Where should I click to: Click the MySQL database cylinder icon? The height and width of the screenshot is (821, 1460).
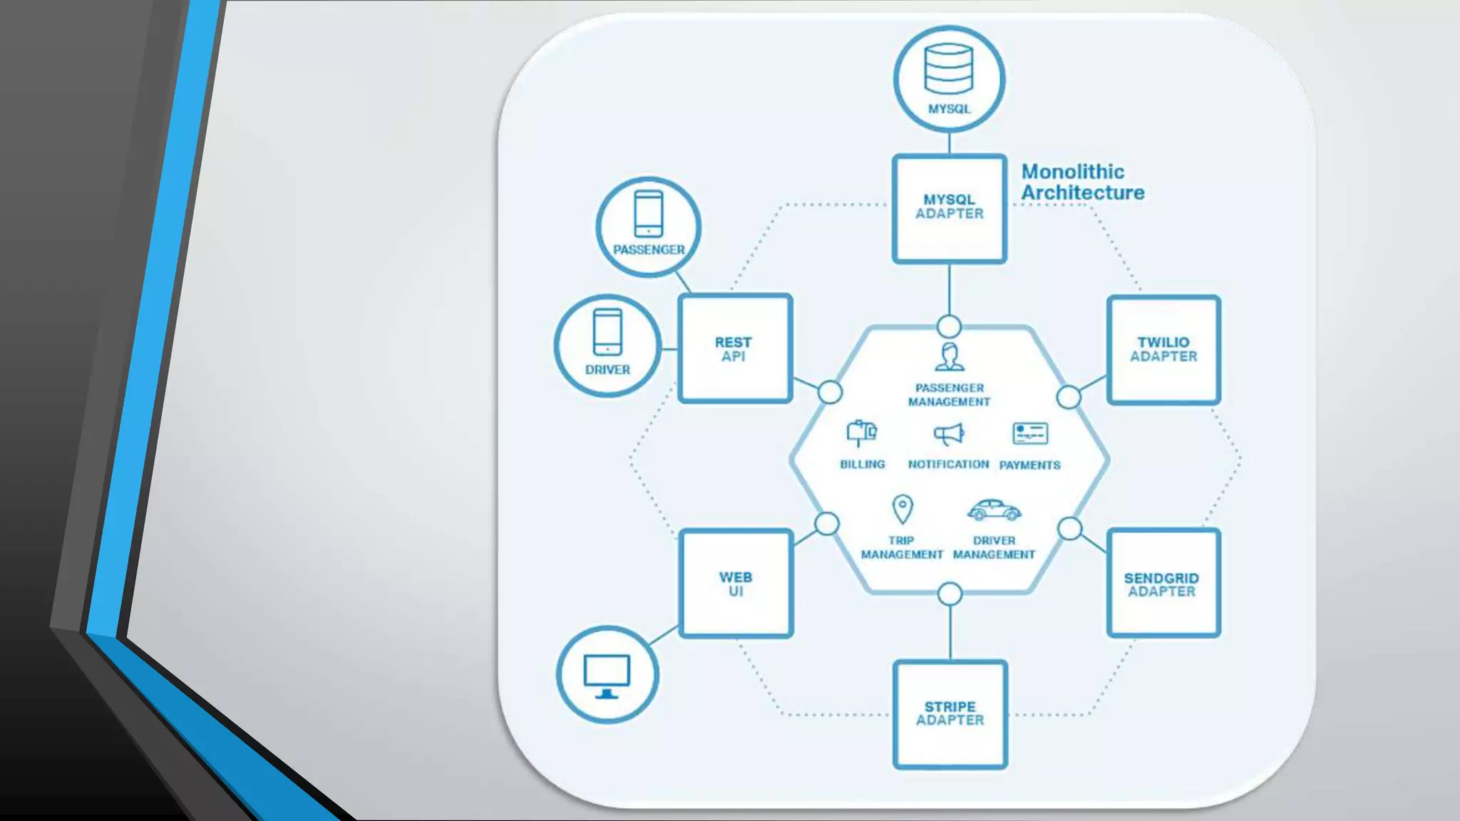tap(948, 69)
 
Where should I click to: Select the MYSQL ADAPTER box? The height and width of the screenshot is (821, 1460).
tap(950, 208)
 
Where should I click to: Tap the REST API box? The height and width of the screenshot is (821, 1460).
tap(735, 348)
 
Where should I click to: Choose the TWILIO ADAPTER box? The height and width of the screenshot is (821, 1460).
tap(1163, 350)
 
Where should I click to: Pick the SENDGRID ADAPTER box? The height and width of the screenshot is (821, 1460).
tap(1163, 583)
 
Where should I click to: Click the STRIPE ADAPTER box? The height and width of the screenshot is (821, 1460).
tap(950, 714)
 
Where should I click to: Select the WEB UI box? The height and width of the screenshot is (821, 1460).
tap(736, 583)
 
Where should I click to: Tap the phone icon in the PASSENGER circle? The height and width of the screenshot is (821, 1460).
tap(648, 213)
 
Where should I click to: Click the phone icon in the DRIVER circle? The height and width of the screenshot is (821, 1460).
tap(607, 331)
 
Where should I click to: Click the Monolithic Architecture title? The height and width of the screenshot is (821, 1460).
tap(1082, 182)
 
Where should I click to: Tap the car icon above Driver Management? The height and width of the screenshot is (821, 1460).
tap(994, 510)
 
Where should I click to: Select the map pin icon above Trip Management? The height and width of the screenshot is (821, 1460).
tap(903, 510)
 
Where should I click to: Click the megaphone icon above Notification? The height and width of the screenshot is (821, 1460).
tap(949, 434)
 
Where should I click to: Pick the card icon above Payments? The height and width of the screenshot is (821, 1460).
tap(1030, 433)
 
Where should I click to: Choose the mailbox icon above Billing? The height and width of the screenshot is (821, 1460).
tap(861, 433)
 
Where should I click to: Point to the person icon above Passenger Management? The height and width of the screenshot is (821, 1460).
tap(950, 357)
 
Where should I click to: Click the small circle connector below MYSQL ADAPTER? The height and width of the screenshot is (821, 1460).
tap(949, 326)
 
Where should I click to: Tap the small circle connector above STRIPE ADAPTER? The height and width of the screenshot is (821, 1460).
tap(950, 594)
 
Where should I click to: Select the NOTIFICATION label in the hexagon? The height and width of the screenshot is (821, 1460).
tap(948, 465)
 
